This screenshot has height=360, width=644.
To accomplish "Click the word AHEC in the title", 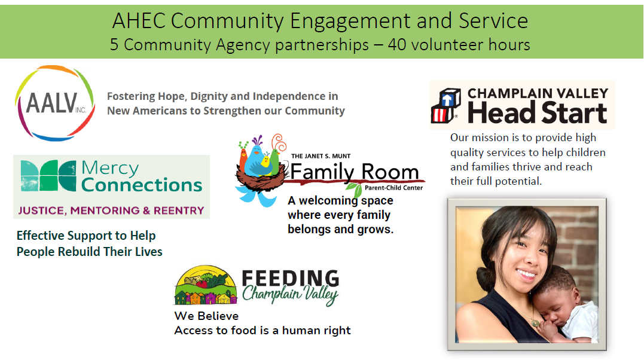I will [139, 21].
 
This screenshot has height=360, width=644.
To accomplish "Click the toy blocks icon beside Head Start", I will [446, 106].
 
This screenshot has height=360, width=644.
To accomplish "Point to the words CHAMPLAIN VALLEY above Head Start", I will [538, 93].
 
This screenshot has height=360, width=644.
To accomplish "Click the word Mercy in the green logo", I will [110, 168].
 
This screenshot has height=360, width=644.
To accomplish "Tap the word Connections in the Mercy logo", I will [142, 185].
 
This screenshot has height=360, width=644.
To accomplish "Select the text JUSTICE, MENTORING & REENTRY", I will [111, 210].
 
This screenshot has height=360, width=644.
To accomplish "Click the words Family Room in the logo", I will [355, 172].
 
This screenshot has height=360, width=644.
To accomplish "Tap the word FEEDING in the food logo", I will [291, 278].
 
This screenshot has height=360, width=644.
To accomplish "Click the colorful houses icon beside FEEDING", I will [205, 288].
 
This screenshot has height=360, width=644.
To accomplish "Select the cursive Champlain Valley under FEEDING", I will [290, 295].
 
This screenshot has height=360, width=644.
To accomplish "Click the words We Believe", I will [206, 316].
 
